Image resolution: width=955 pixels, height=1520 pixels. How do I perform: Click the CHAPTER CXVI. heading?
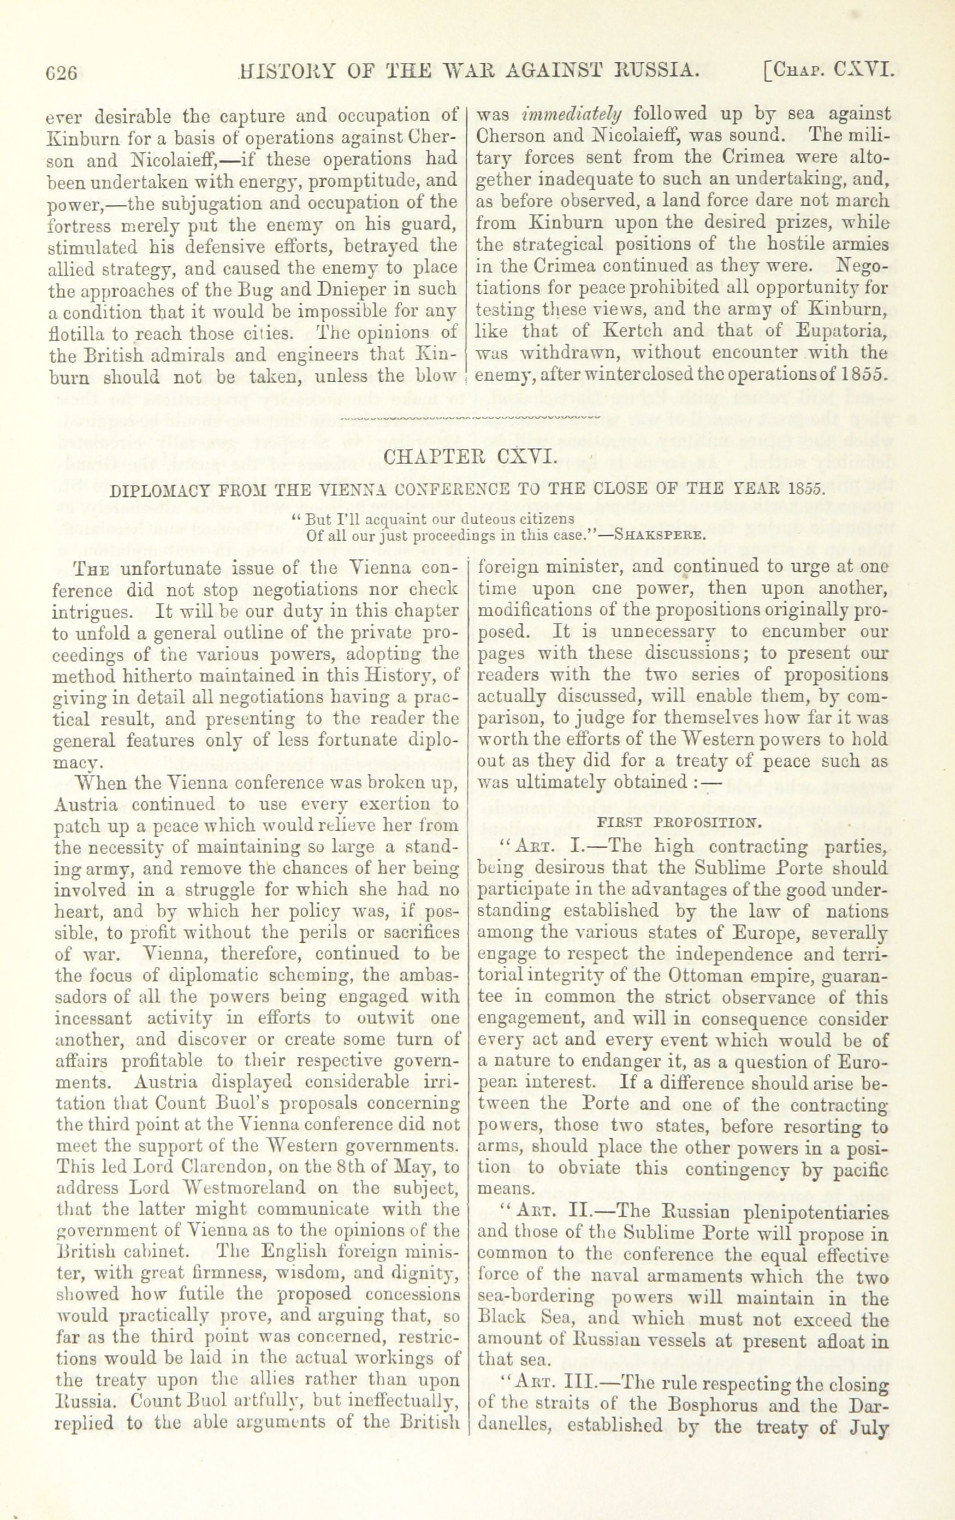point(470,455)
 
